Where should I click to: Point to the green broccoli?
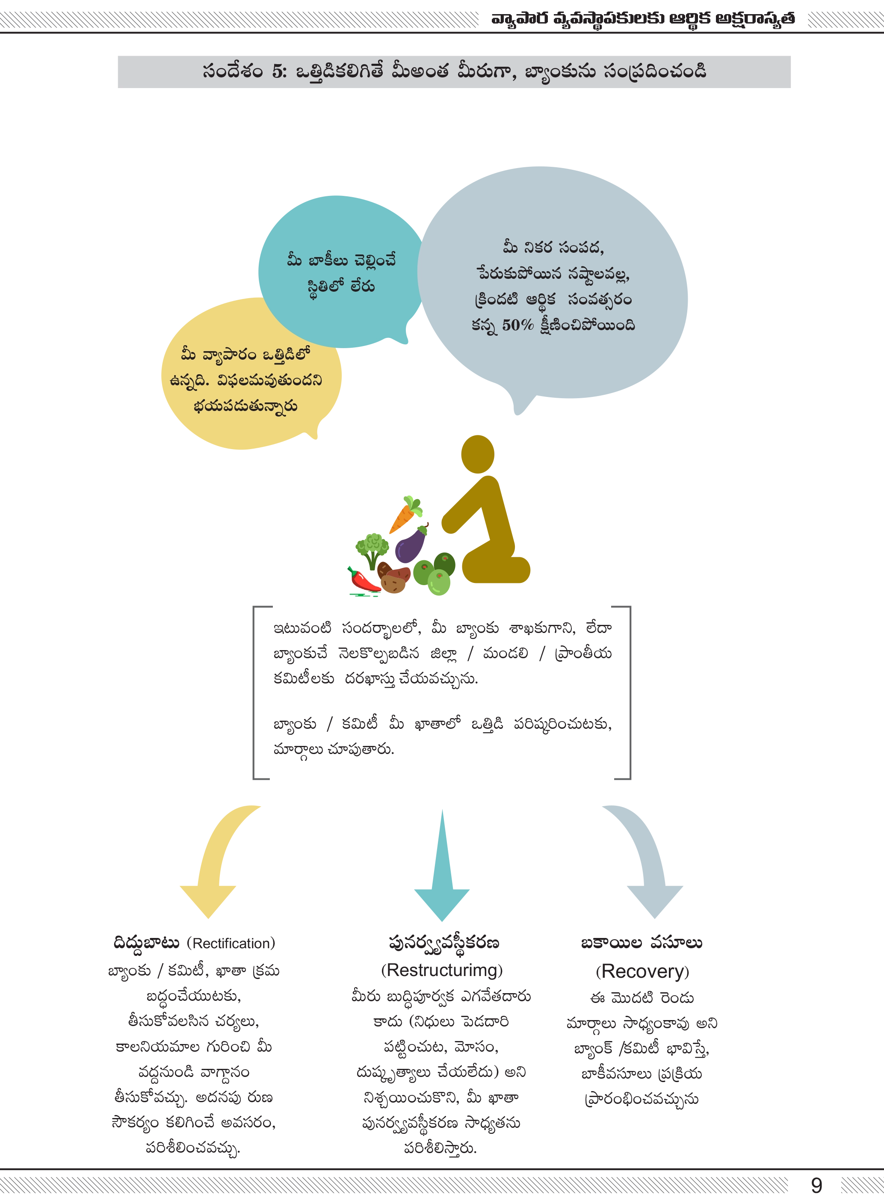(x=371, y=547)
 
